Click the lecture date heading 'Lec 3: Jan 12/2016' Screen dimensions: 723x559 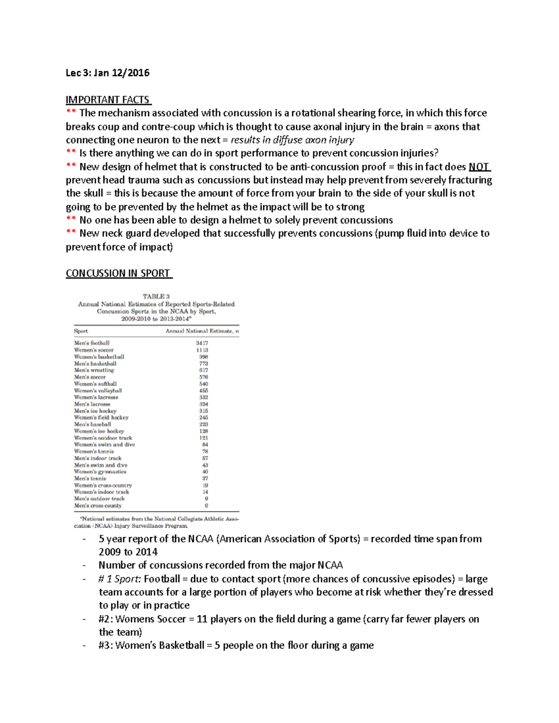tap(108, 73)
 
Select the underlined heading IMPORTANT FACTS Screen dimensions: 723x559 tap(108, 100)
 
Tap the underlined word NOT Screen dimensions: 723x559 tap(479, 167)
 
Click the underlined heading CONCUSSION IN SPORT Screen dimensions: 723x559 tap(118, 273)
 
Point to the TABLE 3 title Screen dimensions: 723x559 tap(156, 297)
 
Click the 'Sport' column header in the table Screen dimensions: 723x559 tap(81, 331)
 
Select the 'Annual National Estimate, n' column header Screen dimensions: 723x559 tap(202, 331)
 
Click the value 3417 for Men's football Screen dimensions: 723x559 tap(202, 343)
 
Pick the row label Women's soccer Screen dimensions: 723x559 tap(94, 350)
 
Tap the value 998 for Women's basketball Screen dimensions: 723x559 tap(203, 357)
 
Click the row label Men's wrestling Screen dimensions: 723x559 tap(94, 370)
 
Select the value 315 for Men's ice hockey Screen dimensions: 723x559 tap(203, 411)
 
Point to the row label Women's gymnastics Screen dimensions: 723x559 tap(100, 472)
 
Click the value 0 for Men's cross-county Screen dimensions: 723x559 tap(206, 506)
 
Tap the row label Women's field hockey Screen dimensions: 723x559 tap(101, 418)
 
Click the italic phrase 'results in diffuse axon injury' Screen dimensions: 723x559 tap(293, 140)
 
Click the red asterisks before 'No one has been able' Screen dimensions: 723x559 tap(71, 220)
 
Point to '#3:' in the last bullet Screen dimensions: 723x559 tap(106, 646)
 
